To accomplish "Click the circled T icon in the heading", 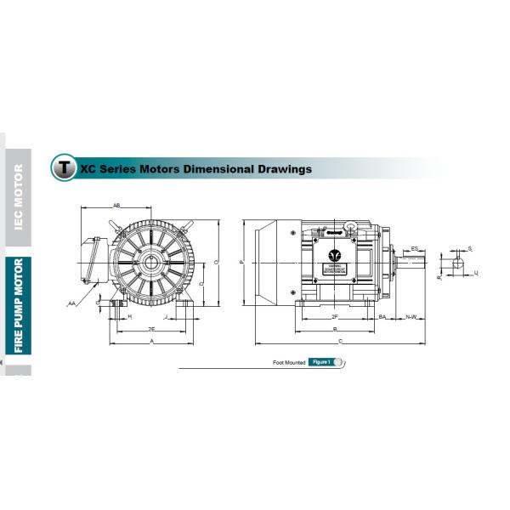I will pos(63,167).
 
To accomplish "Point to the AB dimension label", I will pos(116,206).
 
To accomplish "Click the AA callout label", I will pos(72,303).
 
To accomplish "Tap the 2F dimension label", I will pos(335,317).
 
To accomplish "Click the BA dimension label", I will pos(382,317).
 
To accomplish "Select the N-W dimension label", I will pos(411,317).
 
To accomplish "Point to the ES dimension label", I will pos(414,248).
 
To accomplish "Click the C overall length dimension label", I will pos(341,341).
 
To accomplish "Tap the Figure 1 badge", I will pos(321,362).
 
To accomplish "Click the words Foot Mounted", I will pos(289,362).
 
